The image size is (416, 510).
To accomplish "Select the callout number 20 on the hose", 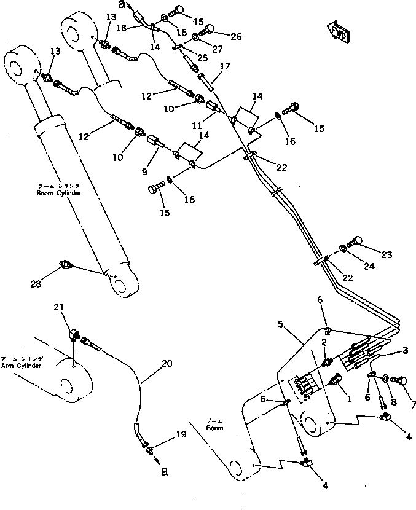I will pos(167,364).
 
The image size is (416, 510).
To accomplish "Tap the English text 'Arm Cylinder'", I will pos(21,366).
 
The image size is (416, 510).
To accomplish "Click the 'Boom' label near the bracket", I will pos(214,428).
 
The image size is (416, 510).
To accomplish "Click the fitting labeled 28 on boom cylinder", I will pos(65,265).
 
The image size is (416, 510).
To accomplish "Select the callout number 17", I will pos(225,66).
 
